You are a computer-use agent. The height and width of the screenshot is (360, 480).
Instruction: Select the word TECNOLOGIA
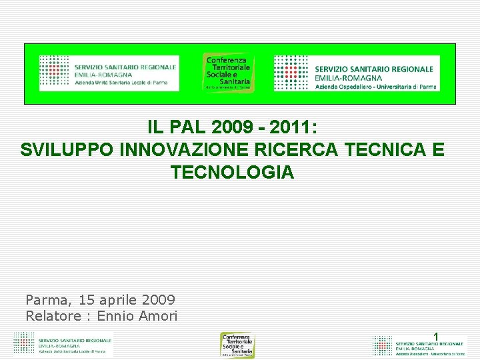click(x=232, y=173)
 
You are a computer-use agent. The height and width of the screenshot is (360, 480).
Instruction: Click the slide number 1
click(x=436, y=337)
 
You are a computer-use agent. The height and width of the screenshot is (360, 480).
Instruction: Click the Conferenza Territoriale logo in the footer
click(x=238, y=345)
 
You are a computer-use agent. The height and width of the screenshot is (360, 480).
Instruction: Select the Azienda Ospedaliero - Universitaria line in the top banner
click(x=375, y=87)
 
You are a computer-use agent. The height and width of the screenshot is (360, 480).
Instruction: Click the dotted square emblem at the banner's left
click(x=54, y=72)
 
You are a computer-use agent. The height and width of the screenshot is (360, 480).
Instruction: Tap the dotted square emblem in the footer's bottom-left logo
click(x=23, y=343)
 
